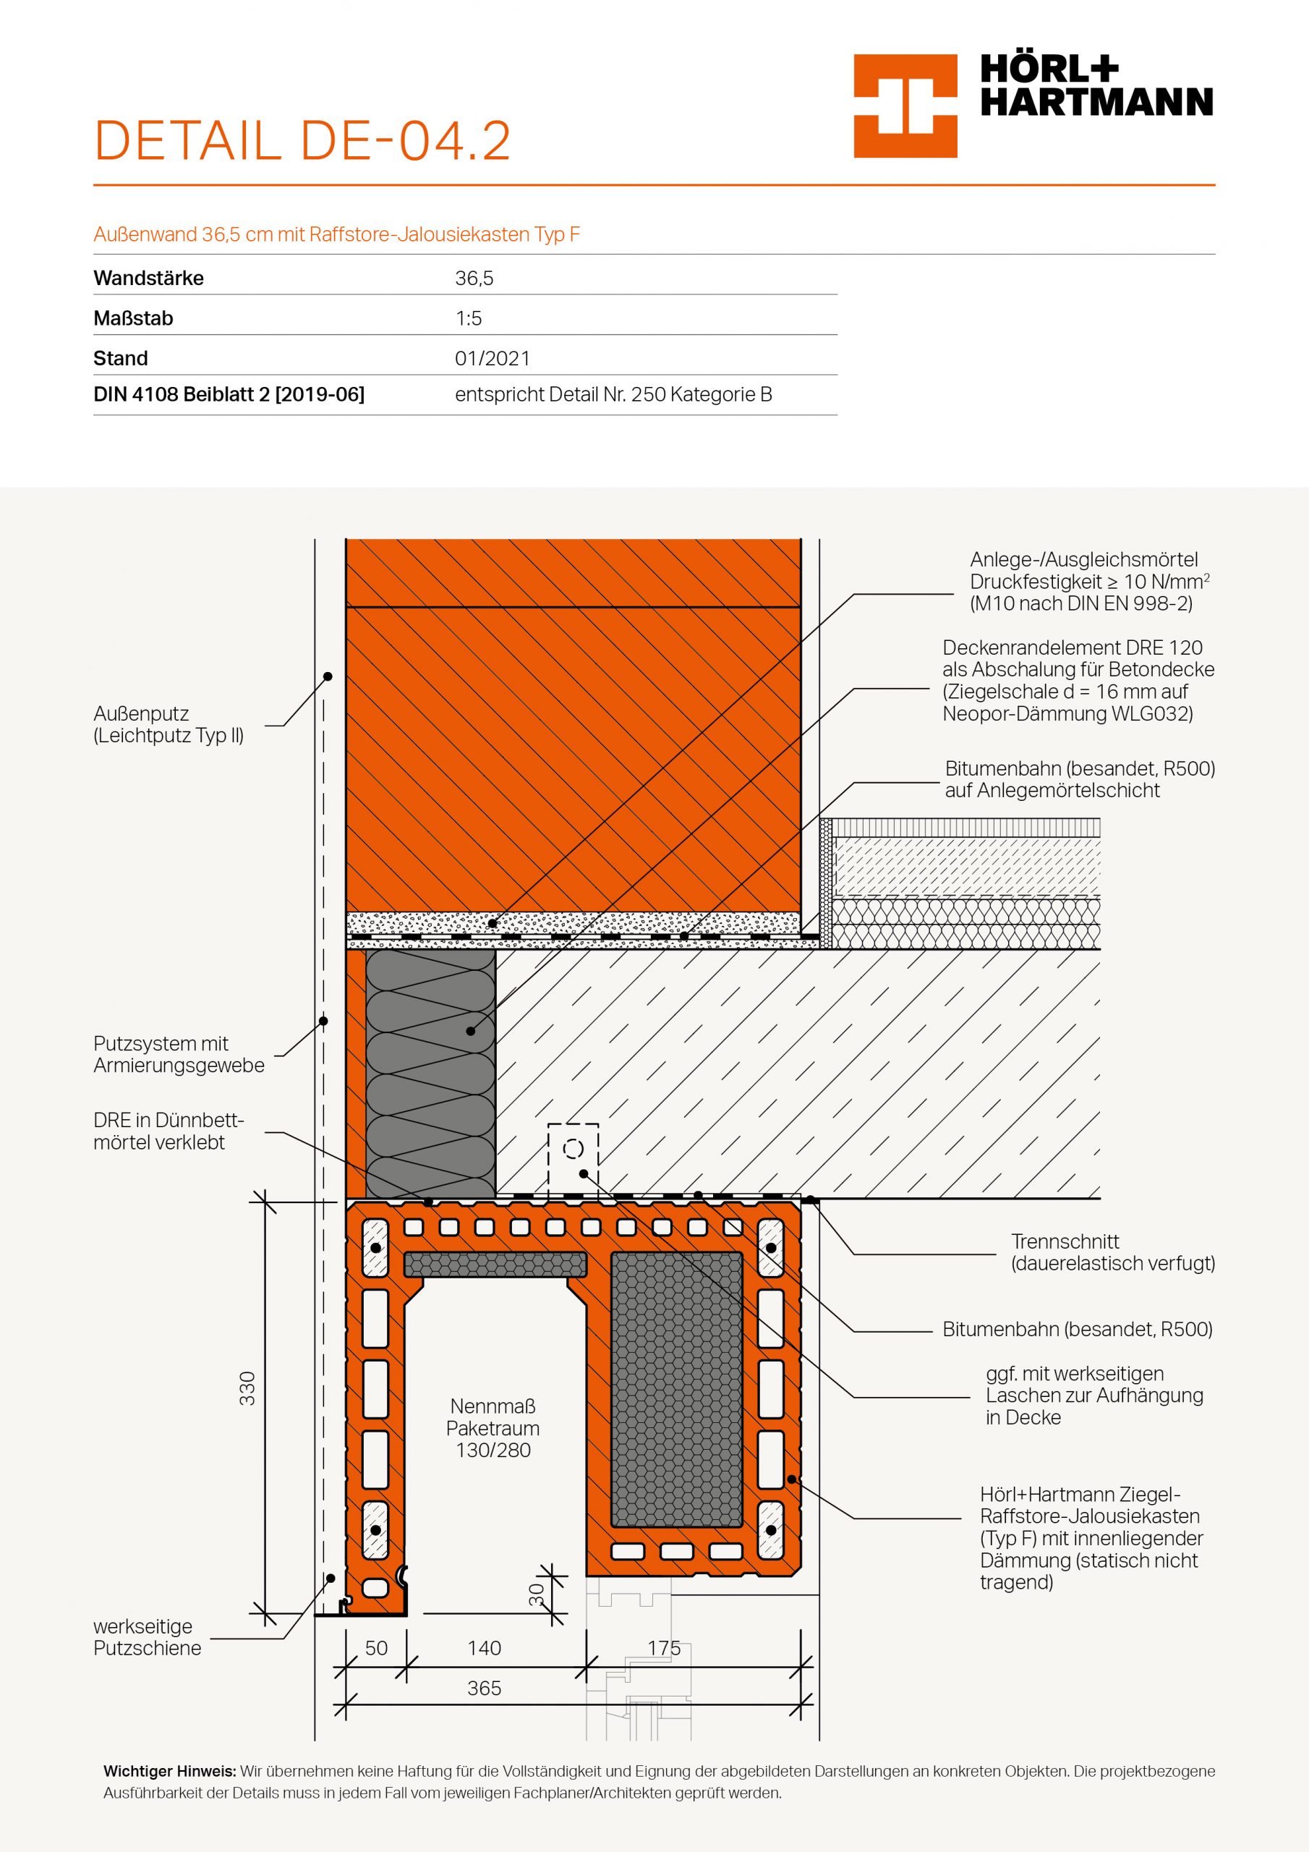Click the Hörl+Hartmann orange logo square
905,106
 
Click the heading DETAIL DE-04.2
302,141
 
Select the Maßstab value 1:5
468,318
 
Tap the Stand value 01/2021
492,359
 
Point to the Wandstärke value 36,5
474,279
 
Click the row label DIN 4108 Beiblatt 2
229,394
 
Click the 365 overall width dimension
484,1688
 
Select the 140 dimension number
484,1647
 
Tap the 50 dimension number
376,1647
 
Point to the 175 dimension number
664,1647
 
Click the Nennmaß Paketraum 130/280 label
493,1428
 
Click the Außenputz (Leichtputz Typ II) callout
169,724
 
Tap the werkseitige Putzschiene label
147,1636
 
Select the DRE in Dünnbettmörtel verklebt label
168,1131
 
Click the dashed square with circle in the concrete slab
574,1149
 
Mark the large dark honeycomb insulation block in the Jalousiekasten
676,1388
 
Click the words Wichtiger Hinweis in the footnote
169,1772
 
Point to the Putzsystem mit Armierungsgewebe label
178,1054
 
